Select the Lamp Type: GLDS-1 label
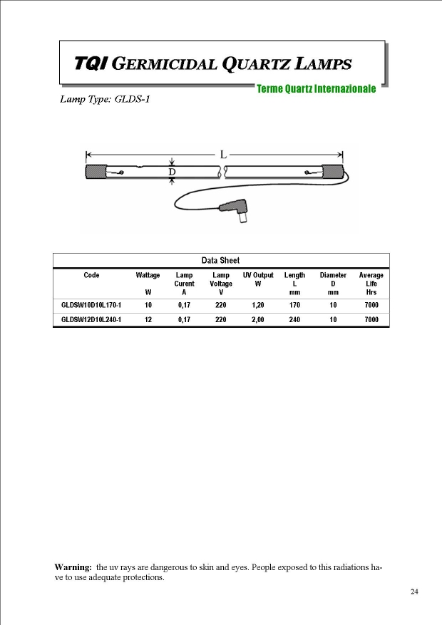[105, 99]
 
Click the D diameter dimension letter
[172, 172]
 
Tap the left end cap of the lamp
[95, 172]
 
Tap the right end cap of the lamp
[333, 172]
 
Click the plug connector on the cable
[237, 211]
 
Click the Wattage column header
[148, 275]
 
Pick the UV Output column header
[257, 275]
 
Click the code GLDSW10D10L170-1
[91, 305]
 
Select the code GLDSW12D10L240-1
[91, 320]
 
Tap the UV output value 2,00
[257, 320]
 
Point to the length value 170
[294, 305]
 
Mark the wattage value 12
[148, 320]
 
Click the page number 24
[414, 592]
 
